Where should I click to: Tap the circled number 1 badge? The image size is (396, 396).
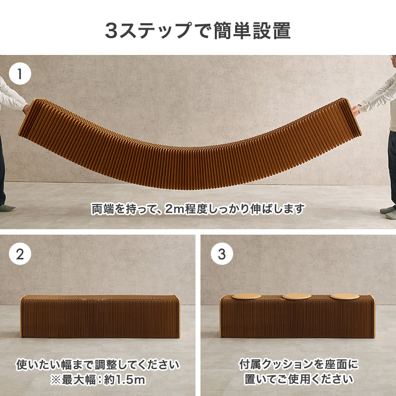[x=20, y=75]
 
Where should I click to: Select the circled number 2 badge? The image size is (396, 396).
[x=20, y=255]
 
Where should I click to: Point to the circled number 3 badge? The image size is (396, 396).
[x=221, y=255]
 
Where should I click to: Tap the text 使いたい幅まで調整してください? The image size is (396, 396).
[x=98, y=365]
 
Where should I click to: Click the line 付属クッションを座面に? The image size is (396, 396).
[x=298, y=365]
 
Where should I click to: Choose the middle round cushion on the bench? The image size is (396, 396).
[x=296, y=296]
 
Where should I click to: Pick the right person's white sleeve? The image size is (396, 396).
[x=379, y=97]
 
